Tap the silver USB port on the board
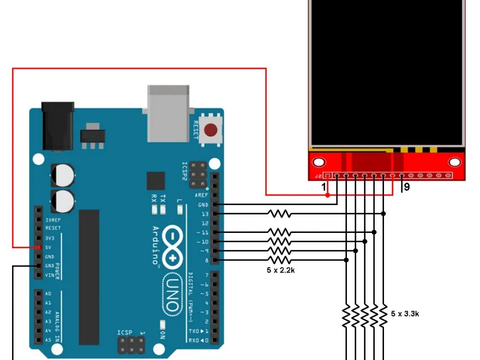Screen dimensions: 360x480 [x=168, y=112]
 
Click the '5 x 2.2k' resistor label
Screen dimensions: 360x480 [x=280, y=270]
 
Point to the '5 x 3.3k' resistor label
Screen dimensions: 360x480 [x=405, y=314]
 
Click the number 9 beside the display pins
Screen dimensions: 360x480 [x=406, y=187]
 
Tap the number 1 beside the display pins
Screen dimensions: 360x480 [x=323, y=187]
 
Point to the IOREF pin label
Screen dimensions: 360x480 [x=53, y=219]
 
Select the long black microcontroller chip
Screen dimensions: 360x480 [x=89, y=277]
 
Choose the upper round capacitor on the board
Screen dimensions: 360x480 [x=64, y=175]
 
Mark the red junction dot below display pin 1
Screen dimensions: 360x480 [x=328, y=195]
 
